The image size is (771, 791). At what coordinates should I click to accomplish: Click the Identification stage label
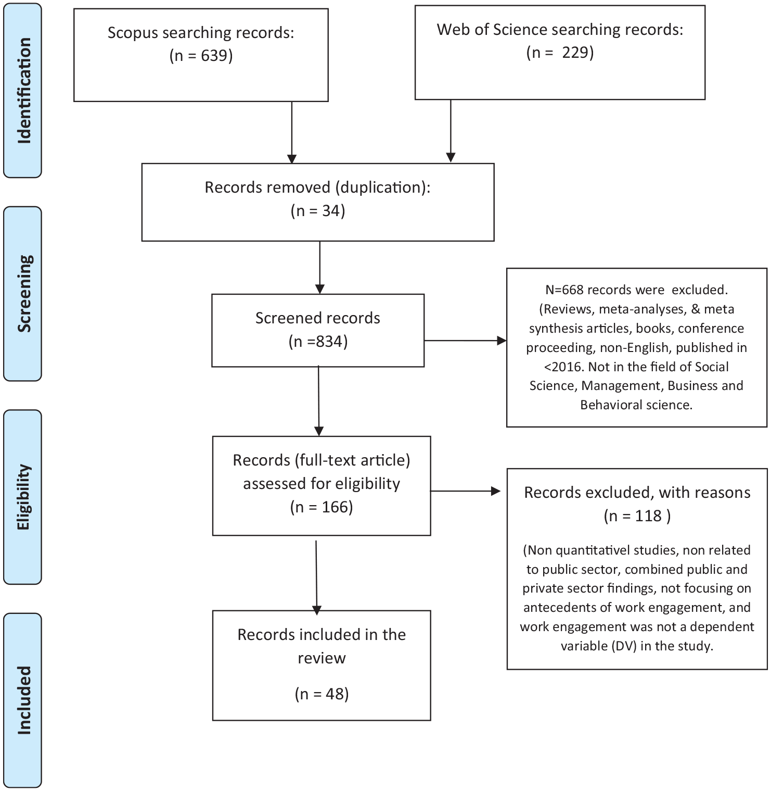(x=24, y=91)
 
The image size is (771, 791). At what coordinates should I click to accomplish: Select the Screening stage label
(x=24, y=294)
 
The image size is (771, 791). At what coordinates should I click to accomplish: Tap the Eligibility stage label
(x=24, y=497)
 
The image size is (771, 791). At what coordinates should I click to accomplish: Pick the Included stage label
(x=24, y=700)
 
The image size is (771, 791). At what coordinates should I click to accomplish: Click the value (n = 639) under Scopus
(x=201, y=56)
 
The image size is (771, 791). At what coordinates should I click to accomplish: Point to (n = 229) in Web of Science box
(x=560, y=53)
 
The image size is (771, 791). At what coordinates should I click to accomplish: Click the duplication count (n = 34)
(x=318, y=211)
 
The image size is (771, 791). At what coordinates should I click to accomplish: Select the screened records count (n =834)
(x=318, y=342)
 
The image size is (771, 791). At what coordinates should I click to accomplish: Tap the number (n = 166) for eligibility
(x=322, y=507)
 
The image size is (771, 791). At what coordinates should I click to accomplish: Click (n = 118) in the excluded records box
(x=637, y=516)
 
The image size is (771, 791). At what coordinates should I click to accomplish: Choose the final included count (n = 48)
(x=322, y=694)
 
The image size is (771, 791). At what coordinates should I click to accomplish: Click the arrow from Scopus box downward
(x=292, y=132)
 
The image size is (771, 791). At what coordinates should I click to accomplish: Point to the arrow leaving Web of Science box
(x=451, y=131)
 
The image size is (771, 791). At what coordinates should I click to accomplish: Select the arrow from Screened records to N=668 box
(x=466, y=341)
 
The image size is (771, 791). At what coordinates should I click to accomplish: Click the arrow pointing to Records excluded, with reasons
(x=466, y=491)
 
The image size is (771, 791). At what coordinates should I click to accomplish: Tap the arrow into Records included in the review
(x=316, y=578)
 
